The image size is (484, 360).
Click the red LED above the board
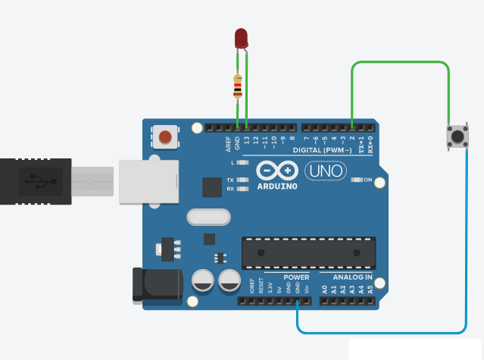[x=242, y=38]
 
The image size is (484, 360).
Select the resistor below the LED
[x=239, y=85]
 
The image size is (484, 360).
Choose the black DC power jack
[x=157, y=283]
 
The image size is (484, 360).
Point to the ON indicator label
[x=369, y=180]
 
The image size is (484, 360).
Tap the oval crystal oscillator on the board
[x=208, y=217]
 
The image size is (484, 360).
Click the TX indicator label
[x=230, y=180]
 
